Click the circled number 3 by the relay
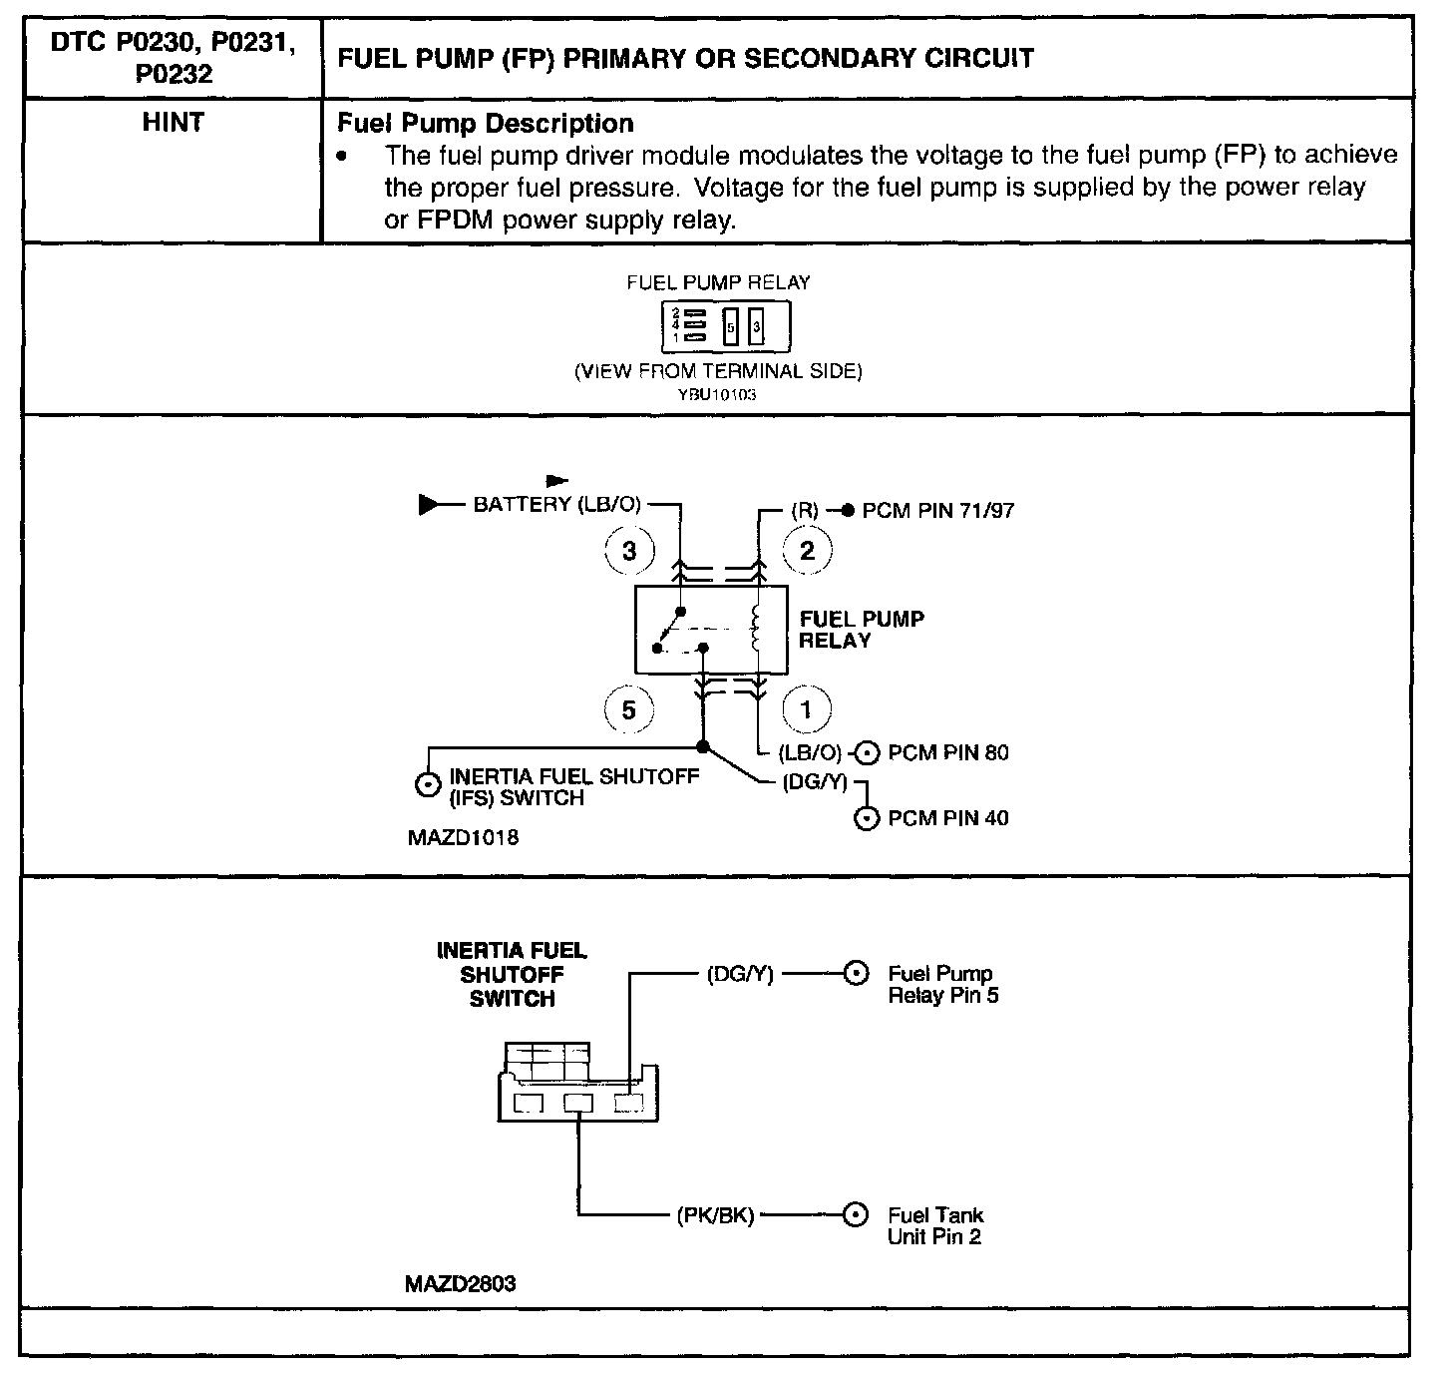tap(629, 550)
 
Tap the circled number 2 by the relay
tap(807, 550)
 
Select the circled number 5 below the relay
tap(629, 709)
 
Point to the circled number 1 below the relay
tap(807, 709)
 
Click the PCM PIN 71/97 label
tap(937, 511)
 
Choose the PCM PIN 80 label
tap(947, 752)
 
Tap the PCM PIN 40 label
tap(947, 818)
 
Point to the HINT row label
tap(173, 123)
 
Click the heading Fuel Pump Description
tap(486, 124)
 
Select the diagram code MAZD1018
tap(463, 838)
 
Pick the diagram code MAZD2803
tap(461, 1283)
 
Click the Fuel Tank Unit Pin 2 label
tap(934, 1226)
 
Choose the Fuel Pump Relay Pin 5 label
tap(942, 984)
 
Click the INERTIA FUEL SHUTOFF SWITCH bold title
tap(512, 975)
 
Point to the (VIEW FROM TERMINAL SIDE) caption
tap(718, 371)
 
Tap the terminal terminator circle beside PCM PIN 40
tap(868, 819)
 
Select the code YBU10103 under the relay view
tap(718, 395)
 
